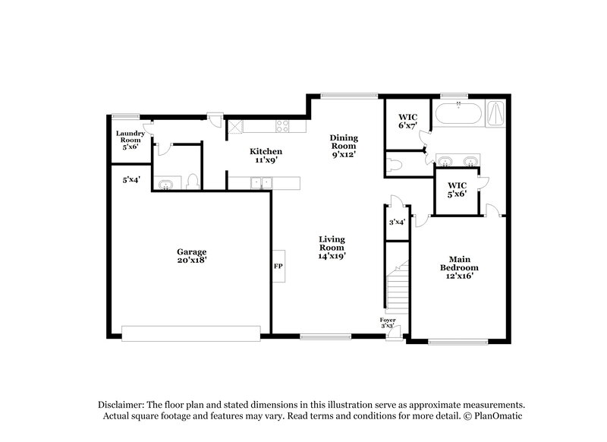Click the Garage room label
tap(192, 255)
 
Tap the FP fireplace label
tap(278, 267)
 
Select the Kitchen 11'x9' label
tap(267, 156)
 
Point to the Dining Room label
tap(343, 146)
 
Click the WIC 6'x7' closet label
tap(408, 121)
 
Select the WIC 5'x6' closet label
tap(457, 189)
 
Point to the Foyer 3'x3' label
tap(388, 322)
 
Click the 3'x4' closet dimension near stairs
tap(396, 223)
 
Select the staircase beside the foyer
tap(398, 289)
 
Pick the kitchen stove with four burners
tap(283, 126)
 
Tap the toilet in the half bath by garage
tap(193, 181)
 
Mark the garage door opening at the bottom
tap(191, 332)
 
